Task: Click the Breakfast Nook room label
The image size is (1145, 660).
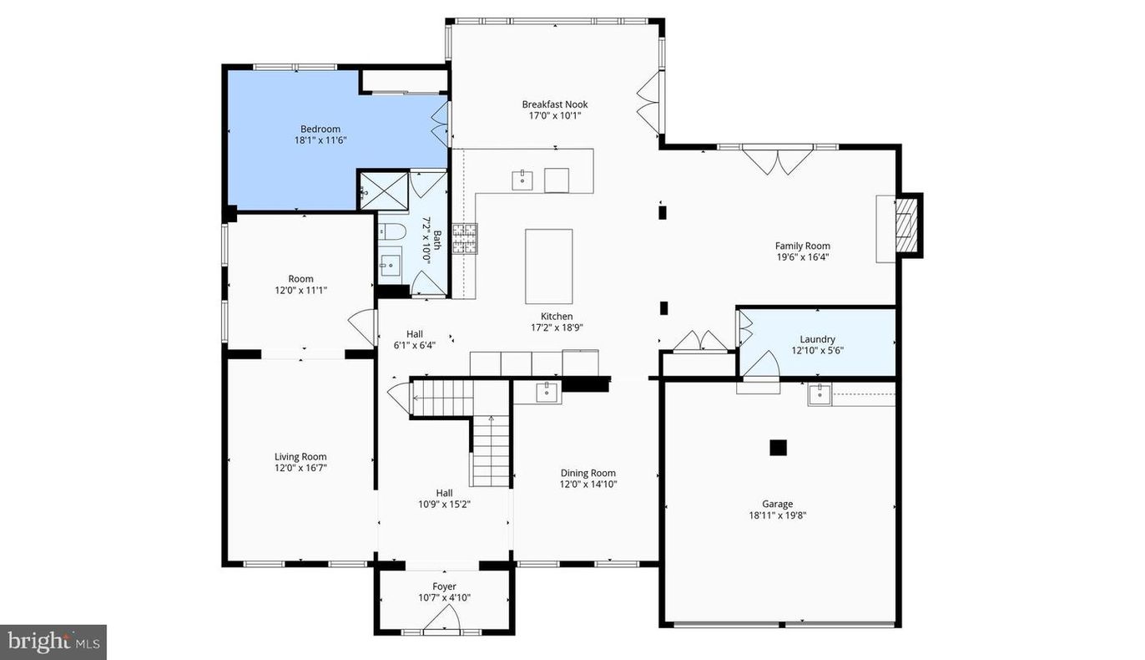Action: [555, 104]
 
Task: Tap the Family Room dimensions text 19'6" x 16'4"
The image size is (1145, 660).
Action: [802, 257]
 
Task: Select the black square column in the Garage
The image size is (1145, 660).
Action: [778, 448]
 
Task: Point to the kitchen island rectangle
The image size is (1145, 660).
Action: [548, 266]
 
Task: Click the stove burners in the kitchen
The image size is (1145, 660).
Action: [463, 238]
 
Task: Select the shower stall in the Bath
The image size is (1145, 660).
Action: [383, 190]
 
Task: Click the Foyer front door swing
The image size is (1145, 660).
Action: [442, 620]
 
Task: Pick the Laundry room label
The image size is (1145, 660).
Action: [817, 339]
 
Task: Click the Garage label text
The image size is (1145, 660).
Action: [777, 504]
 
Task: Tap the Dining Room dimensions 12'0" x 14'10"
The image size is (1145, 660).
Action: [588, 484]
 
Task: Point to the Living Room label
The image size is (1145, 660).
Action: [300, 457]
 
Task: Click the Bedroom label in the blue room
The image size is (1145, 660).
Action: [320, 129]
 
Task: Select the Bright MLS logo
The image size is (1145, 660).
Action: [53, 642]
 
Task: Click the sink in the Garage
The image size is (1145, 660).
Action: [820, 393]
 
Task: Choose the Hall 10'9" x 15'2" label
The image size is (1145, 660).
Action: [444, 493]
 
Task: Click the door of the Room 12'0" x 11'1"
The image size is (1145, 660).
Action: [363, 326]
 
